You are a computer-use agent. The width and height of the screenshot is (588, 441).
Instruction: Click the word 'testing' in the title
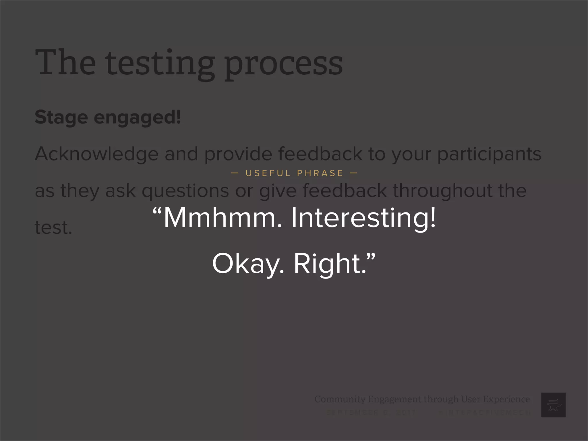pyautogui.click(x=160, y=64)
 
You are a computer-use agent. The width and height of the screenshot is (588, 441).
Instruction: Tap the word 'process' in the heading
pyautogui.click(x=283, y=64)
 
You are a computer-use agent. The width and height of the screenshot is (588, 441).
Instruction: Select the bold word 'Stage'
pyautogui.click(x=61, y=117)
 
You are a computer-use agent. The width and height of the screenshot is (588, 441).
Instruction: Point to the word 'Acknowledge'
pyautogui.click(x=96, y=154)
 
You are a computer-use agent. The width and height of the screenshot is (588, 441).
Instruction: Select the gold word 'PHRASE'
pyautogui.click(x=320, y=173)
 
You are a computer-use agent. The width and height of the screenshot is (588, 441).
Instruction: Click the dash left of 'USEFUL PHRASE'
pyautogui.click(x=235, y=173)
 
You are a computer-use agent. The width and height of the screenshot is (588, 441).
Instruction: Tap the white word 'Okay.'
pyautogui.click(x=248, y=264)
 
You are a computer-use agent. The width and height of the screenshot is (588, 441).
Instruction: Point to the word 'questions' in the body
pyautogui.click(x=185, y=191)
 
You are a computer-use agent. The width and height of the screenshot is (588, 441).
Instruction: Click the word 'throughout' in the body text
pyautogui.click(x=442, y=191)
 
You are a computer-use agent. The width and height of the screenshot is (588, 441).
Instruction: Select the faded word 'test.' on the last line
pyautogui.click(x=53, y=227)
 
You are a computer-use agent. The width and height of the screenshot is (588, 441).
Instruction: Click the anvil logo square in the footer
pyautogui.click(x=553, y=405)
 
